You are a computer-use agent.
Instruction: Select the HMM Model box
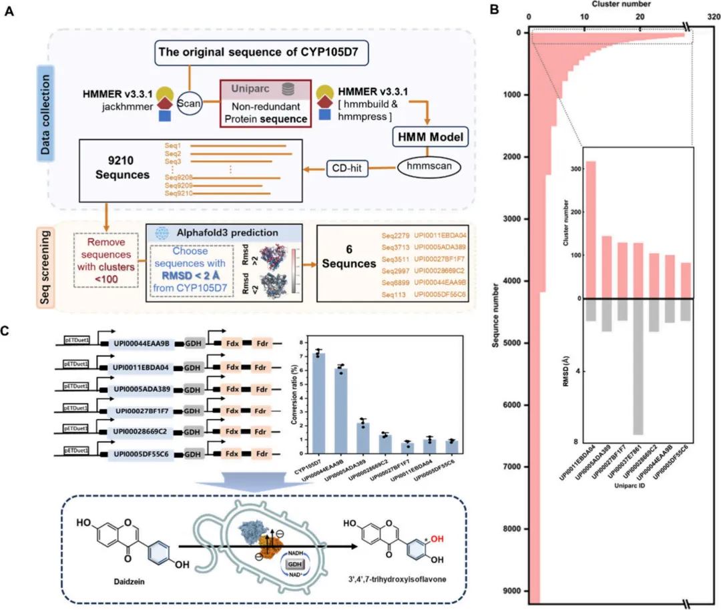(x=421, y=136)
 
